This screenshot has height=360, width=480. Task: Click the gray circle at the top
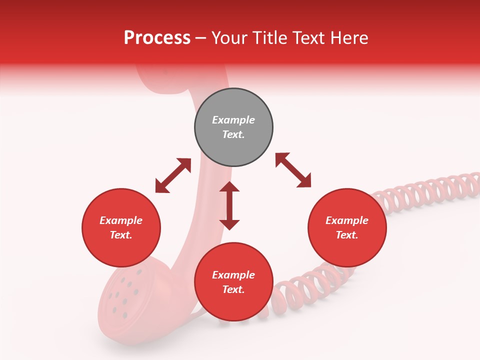(233, 127)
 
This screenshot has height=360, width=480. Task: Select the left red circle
(121, 227)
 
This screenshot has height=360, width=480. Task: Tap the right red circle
(347, 227)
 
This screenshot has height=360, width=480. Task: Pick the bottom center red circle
(233, 282)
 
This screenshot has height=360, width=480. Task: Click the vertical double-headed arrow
(229, 205)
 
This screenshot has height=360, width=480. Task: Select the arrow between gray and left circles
(173, 175)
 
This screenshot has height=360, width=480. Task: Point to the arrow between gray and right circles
(293, 170)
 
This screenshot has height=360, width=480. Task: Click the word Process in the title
(157, 38)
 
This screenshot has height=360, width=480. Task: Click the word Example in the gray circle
(233, 120)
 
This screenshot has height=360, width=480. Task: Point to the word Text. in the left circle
(121, 235)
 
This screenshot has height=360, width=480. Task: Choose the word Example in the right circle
(347, 220)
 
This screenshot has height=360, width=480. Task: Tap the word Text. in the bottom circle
(233, 289)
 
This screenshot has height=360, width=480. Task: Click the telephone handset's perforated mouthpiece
(122, 295)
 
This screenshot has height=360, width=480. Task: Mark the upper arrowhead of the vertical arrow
(229, 187)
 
